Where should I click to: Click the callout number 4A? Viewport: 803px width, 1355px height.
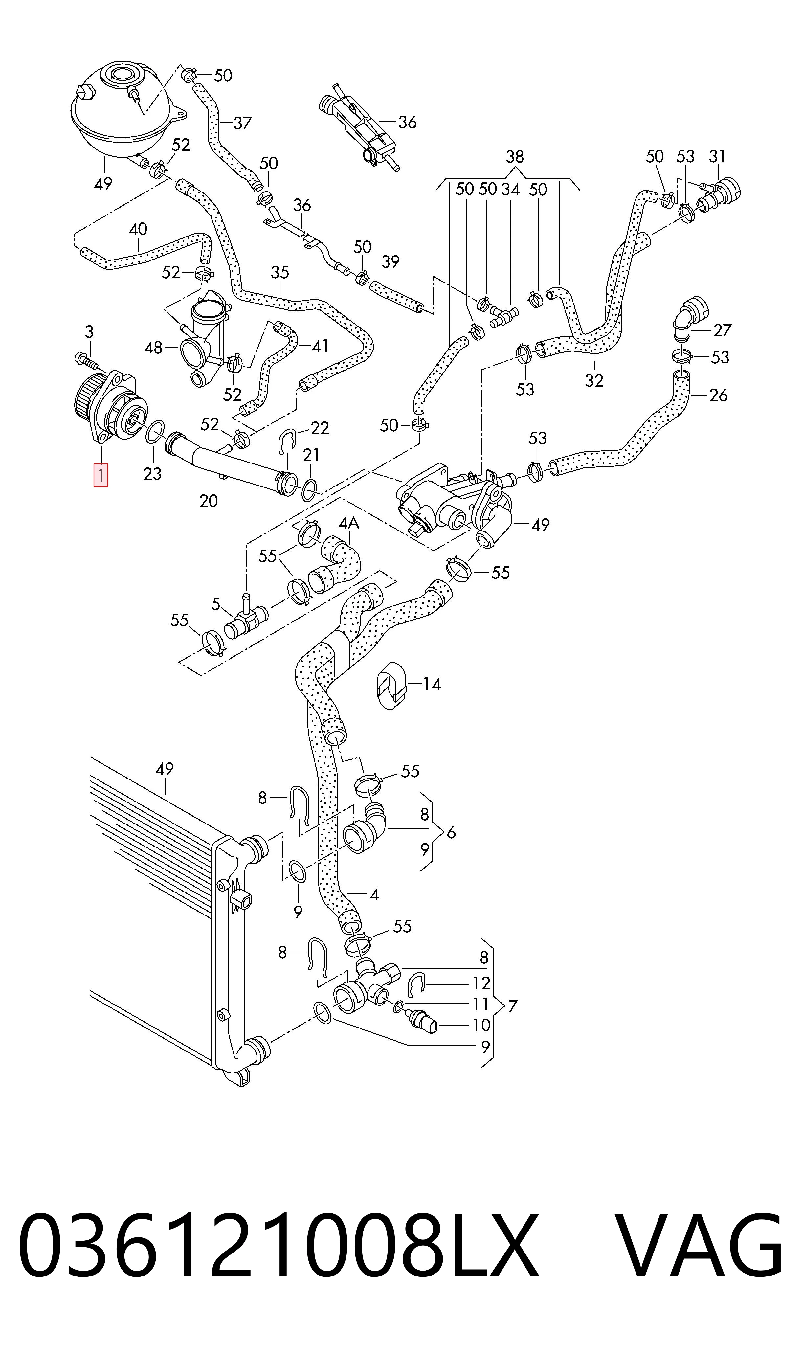349,523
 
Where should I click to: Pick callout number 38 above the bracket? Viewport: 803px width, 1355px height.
515,157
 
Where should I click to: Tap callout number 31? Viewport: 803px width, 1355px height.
717,156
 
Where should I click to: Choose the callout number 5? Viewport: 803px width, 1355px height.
216,603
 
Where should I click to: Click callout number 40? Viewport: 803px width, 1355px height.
138,229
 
